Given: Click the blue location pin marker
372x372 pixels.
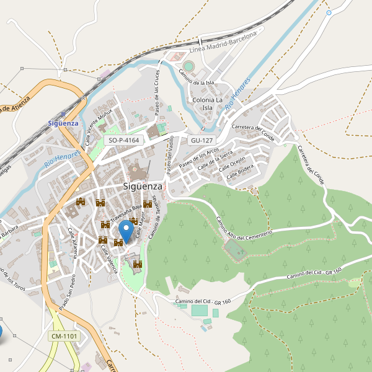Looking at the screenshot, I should coord(126,231).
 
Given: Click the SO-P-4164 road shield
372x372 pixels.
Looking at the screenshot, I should coord(124,141).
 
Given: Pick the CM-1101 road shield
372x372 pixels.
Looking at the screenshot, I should coord(64,336).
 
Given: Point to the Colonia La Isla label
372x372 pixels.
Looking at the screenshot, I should coord(208,104).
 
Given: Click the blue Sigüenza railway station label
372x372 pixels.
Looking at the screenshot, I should coord(63,123).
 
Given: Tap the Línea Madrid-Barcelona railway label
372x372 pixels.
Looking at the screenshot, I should coord(223,43).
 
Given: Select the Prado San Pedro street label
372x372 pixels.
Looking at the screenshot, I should coord(68,292).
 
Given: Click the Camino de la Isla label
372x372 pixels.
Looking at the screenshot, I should coord(197,77).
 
